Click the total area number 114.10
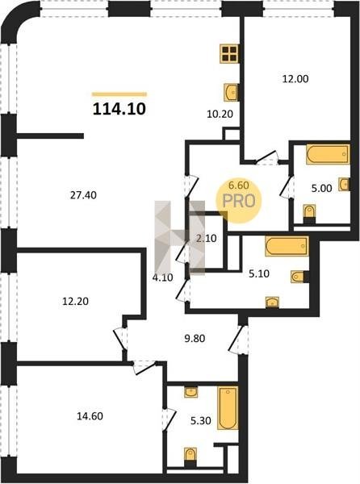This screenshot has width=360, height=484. pos(119,109)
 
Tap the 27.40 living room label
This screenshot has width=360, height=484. pos(83,195)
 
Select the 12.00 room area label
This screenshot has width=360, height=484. pos(295,79)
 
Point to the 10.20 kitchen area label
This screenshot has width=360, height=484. pos(220,115)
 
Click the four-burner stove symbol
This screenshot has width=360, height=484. pos(229,54)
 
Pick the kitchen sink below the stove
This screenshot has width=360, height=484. pos(231,92)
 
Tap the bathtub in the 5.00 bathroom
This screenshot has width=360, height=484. pos(328,154)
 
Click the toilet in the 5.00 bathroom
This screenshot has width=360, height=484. pos(309,214)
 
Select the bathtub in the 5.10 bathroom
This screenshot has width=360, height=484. pos(287,246)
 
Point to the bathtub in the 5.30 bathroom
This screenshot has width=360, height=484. pos(228,407)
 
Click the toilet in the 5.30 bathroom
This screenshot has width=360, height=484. pos(190,457)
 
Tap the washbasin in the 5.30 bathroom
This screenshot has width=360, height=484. pos(190,392)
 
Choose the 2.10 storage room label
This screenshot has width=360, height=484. pos(207,238)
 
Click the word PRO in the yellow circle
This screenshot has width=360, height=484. pos(239,201)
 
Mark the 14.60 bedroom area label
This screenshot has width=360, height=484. pos(90,416)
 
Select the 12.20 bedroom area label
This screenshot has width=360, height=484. pos(75,301)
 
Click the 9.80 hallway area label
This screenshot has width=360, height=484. pos(195,338)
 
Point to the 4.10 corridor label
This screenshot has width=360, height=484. pos(163,277)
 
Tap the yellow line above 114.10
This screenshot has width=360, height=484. pos(119,94)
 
